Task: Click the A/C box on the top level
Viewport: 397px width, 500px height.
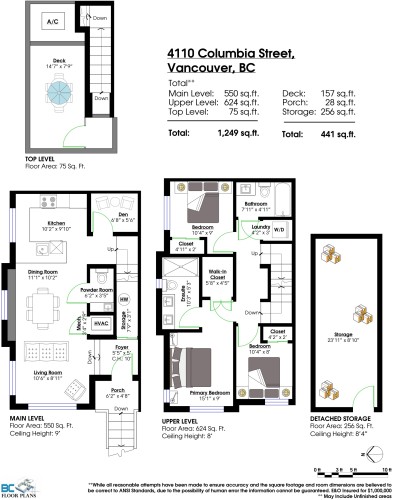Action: click(52, 20)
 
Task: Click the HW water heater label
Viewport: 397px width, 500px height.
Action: click(123, 299)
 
